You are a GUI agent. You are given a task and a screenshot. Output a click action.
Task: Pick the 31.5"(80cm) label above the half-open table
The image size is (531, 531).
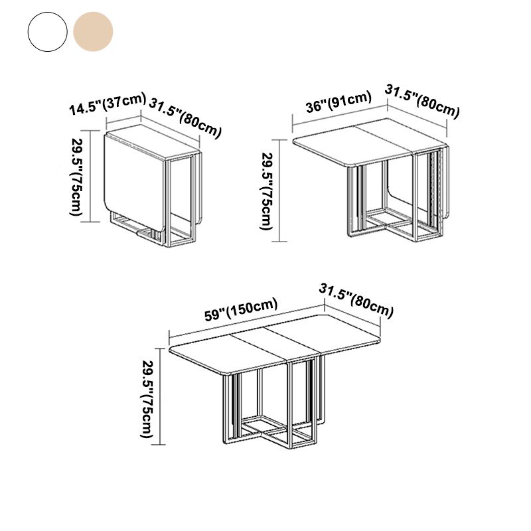click(422, 101)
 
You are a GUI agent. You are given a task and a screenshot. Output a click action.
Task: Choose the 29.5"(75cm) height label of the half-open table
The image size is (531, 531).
click(266, 192)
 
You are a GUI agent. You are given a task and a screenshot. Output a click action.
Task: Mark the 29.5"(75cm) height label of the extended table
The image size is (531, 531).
click(149, 398)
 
